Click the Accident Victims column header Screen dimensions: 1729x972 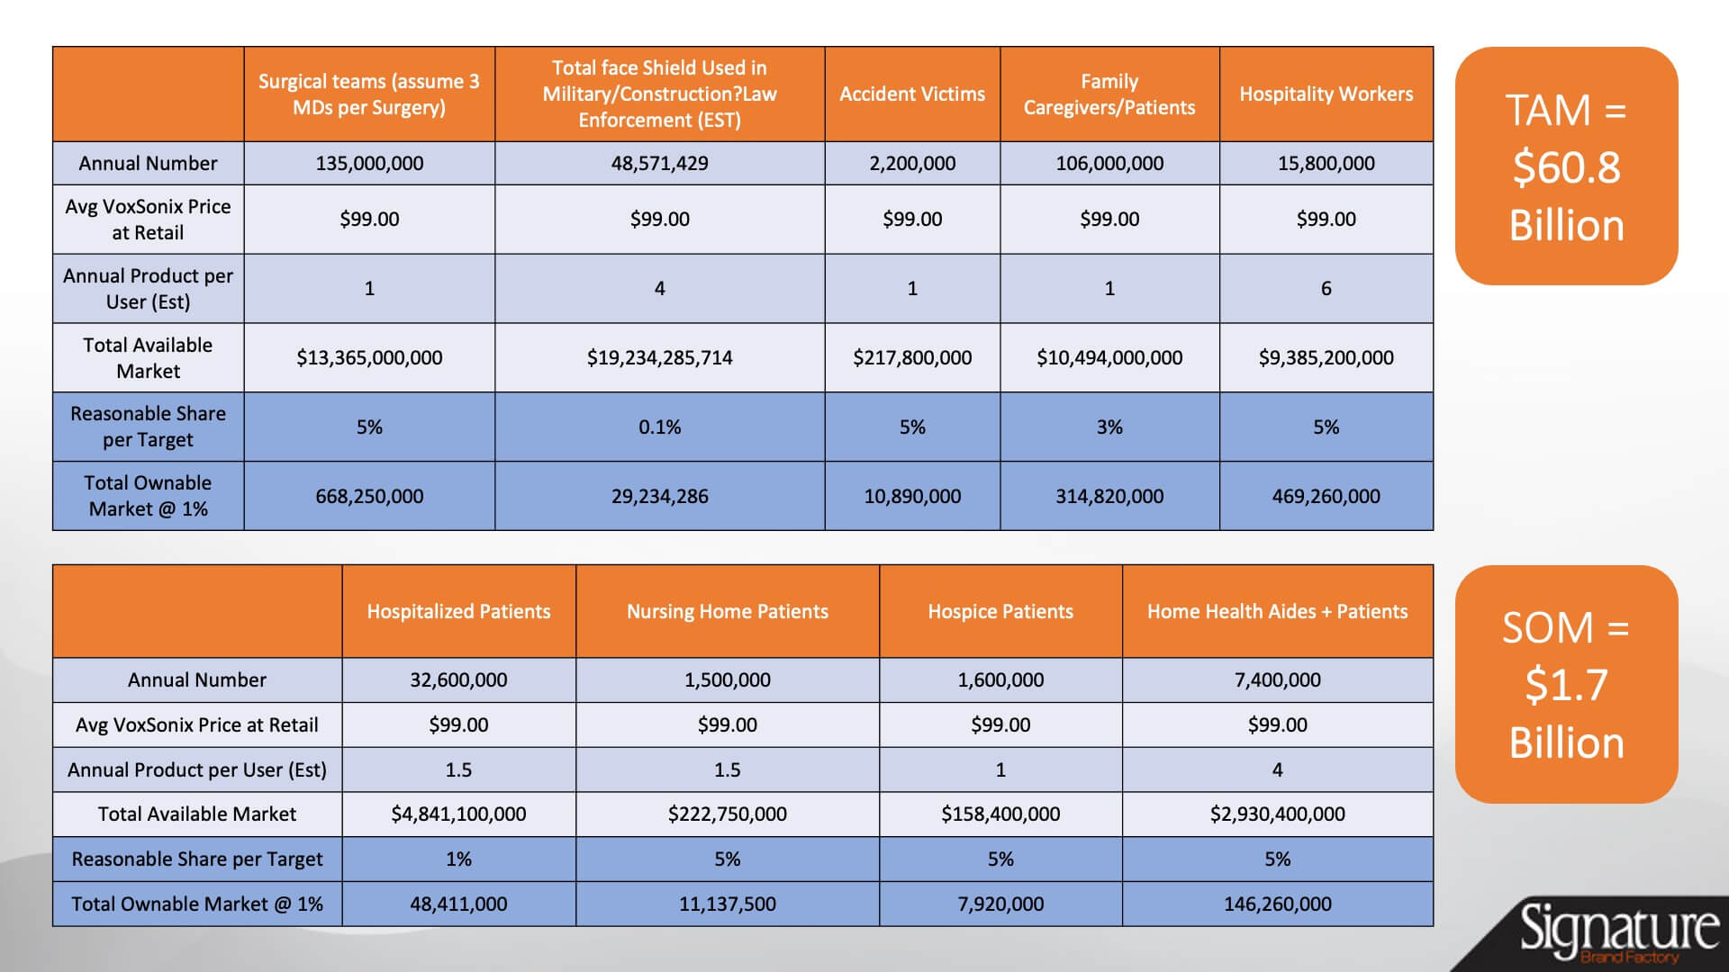point(912,94)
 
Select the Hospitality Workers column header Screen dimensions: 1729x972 point(1326,94)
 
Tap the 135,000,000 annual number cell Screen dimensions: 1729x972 point(369,163)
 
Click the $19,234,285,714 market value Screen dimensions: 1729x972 point(659,357)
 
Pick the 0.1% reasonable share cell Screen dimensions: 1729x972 point(659,427)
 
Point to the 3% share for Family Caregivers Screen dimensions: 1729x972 point(1109,427)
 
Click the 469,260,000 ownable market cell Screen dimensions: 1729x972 point(1326,496)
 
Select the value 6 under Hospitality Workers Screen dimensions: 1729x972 point(1326,288)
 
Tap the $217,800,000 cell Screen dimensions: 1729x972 point(912,357)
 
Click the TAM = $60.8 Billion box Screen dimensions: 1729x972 point(1566,166)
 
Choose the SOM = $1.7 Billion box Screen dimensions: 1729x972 point(1566,684)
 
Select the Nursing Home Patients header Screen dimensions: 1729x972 point(728,611)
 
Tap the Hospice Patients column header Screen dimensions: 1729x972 point(1000,611)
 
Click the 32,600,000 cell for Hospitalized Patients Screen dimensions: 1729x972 point(458,679)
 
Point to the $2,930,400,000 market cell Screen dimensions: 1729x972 point(1277,814)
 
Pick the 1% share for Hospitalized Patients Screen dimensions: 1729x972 point(458,859)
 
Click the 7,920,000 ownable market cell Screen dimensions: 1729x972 point(1000,904)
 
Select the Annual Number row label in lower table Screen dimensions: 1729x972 point(197,679)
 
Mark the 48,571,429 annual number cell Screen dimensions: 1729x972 point(659,163)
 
